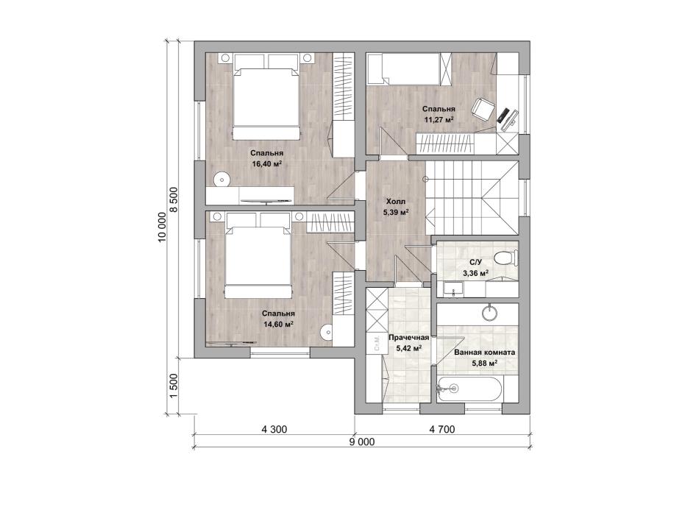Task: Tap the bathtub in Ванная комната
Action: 470,389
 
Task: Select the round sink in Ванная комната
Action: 489,312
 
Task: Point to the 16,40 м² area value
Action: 266,163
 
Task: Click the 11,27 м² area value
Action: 439,119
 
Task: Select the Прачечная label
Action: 409,338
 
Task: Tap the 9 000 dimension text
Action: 362,442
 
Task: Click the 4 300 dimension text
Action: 274,430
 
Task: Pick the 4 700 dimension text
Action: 442,430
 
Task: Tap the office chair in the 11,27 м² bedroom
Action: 483,109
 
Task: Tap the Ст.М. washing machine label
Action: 377,344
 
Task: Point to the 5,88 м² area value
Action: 485,363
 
